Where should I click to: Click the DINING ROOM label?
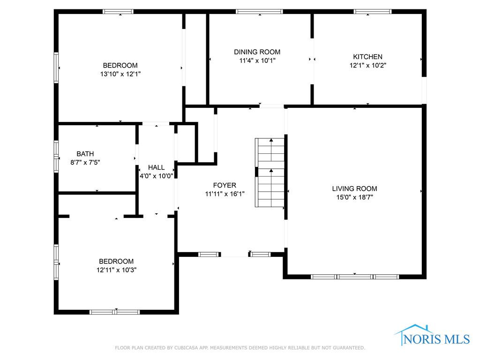coord(257,52)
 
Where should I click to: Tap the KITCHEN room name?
coord(367,57)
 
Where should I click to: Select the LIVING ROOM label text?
coord(354,188)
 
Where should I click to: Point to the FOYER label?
coord(225,185)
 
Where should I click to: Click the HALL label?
coord(157,167)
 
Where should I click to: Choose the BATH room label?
coord(85,154)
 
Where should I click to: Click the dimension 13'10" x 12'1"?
coord(120,74)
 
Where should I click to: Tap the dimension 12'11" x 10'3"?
coord(116,270)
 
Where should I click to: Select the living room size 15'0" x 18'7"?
coord(354,197)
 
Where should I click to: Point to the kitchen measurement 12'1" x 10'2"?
coord(367,65)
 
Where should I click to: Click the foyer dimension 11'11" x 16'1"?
coord(225,194)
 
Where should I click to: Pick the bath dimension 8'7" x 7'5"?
coord(85,162)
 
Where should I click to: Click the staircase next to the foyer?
coord(270,172)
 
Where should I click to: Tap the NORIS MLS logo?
coord(432,336)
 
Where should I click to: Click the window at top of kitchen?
coord(373,12)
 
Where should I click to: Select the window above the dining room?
coord(259,12)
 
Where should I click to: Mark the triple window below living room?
coord(355,277)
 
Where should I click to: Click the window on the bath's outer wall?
coord(56,157)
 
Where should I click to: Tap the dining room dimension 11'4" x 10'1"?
coord(257,60)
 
